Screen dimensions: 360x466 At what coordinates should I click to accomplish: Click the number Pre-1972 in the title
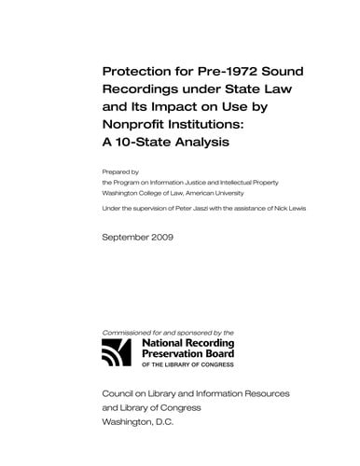215,74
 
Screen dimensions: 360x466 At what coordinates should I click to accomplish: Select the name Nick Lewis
286,208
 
